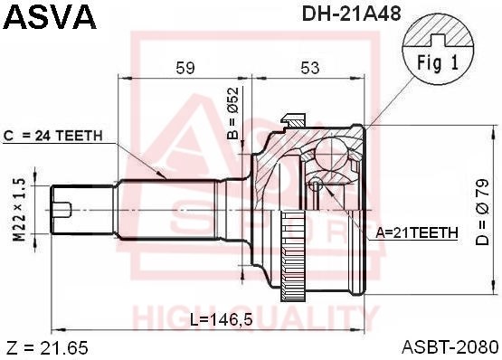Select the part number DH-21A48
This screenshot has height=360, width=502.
click(x=351, y=14)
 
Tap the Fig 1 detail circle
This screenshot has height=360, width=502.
click(x=438, y=51)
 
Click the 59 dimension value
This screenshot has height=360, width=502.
click(x=185, y=68)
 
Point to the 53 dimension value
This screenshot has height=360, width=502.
click(x=310, y=68)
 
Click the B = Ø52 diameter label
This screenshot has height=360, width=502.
click(x=233, y=113)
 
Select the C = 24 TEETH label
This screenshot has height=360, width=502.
click(x=53, y=136)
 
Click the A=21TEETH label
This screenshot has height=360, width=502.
click(x=417, y=232)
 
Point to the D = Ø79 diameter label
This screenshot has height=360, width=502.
click(x=482, y=212)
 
